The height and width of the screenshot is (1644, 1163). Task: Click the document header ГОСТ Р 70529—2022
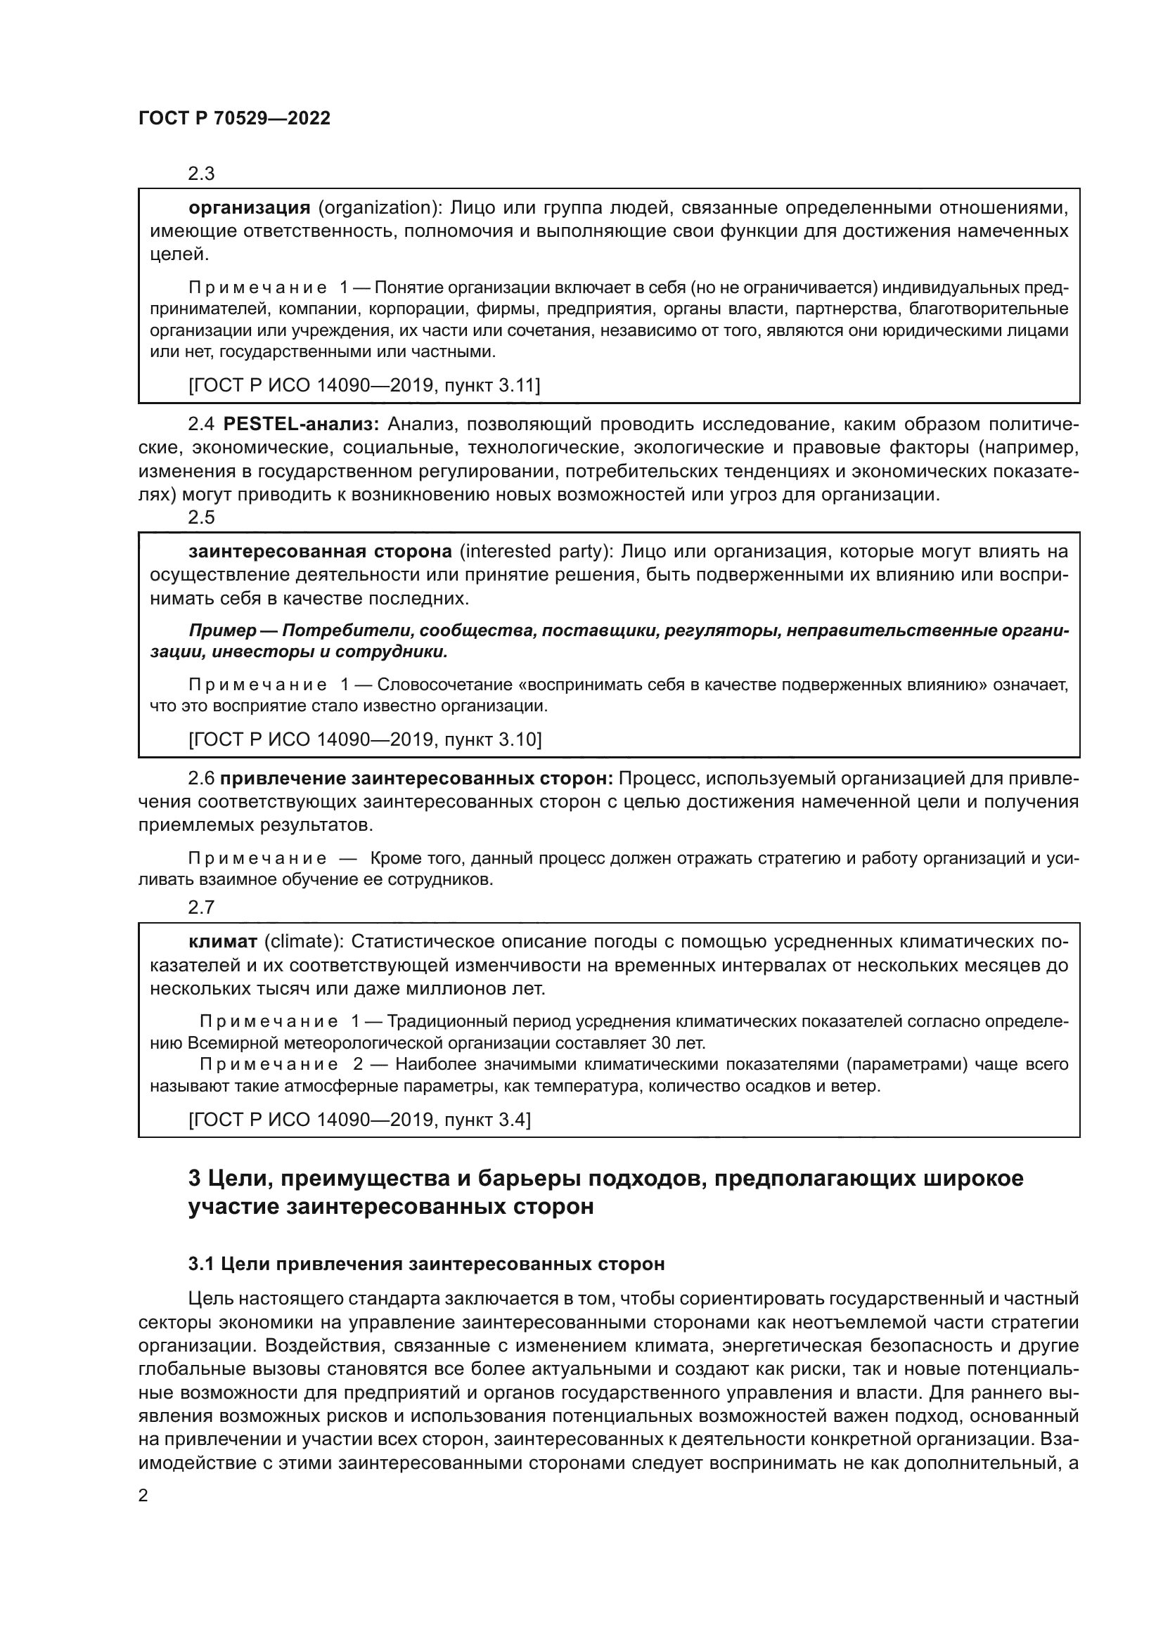tap(234, 119)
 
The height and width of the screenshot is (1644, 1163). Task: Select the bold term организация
tap(249, 208)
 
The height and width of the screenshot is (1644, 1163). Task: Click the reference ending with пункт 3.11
tap(364, 386)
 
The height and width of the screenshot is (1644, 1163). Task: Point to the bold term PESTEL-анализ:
tap(302, 425)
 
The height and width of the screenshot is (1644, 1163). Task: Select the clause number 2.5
tap(201, 517)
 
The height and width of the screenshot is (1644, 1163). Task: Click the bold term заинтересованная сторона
tap(320, 551)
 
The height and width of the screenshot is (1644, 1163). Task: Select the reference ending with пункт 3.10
tap(364, 739)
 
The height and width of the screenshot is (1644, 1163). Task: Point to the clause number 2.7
tap(201, 907)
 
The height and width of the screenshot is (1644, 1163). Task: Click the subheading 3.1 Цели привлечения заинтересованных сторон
tap(426, 1264)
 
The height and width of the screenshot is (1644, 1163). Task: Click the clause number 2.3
tap(201, 174)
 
